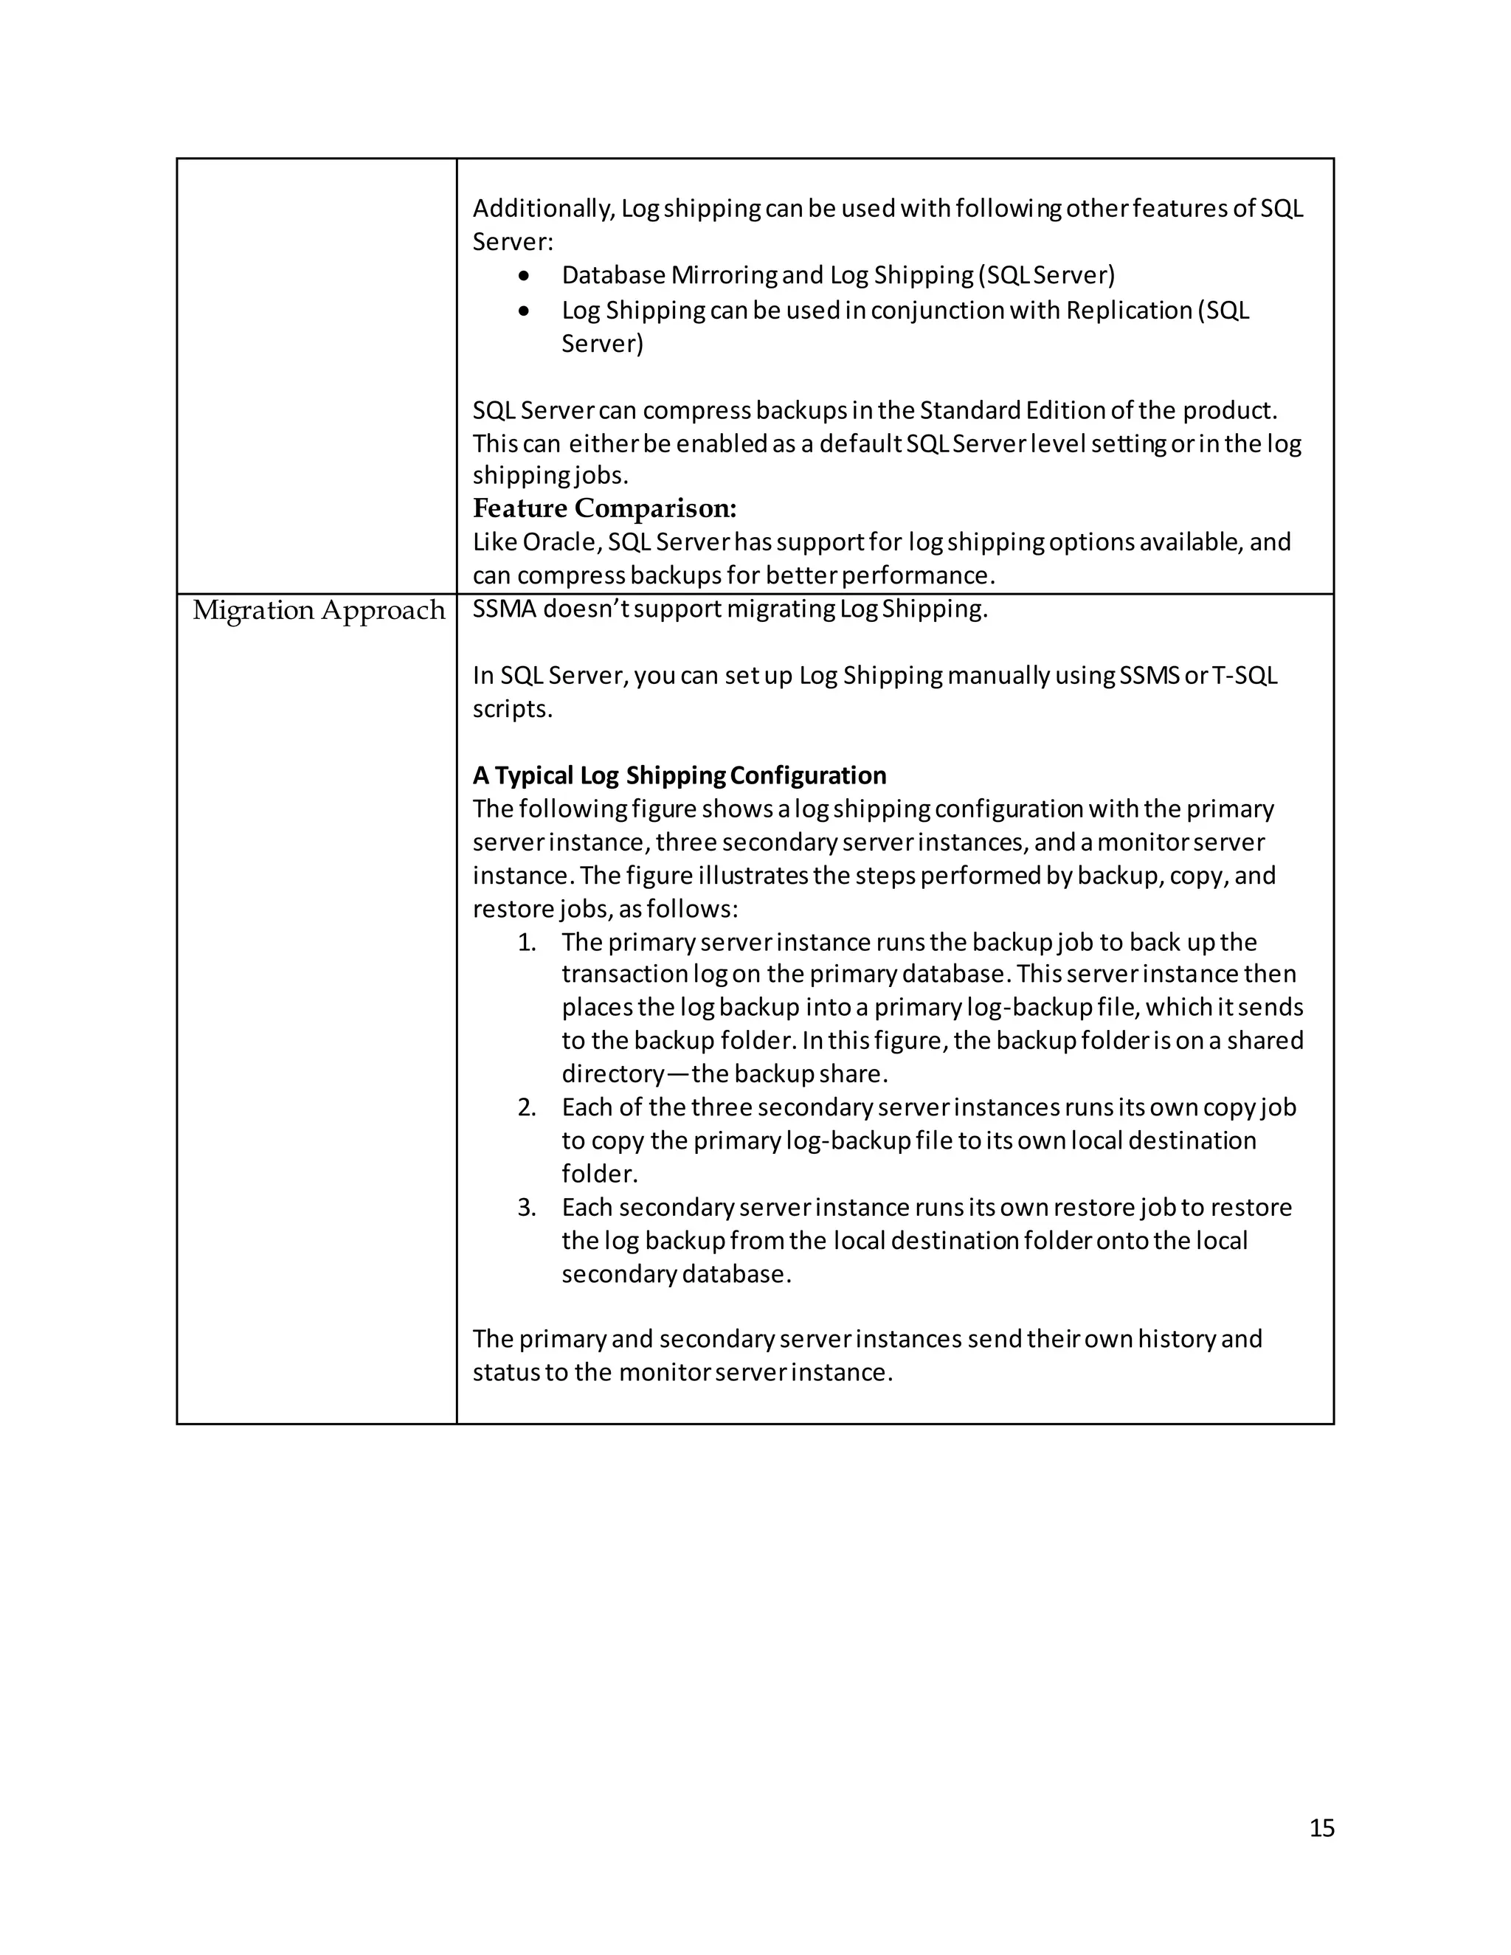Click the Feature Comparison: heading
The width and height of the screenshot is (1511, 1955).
(604, 508)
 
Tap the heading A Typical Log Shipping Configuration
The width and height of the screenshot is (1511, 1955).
(680, 775)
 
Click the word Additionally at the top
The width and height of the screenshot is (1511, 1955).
(542, 209)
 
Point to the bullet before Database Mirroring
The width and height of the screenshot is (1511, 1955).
(525, 276)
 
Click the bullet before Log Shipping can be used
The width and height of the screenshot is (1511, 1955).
(525, 311)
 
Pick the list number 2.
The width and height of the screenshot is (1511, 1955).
(526, 1108)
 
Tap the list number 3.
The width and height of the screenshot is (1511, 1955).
(526, 1208)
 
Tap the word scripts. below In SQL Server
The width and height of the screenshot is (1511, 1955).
(512, 710)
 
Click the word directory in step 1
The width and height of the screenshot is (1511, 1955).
(612, 1074)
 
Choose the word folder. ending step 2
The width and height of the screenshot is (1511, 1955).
(599, 1174)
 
